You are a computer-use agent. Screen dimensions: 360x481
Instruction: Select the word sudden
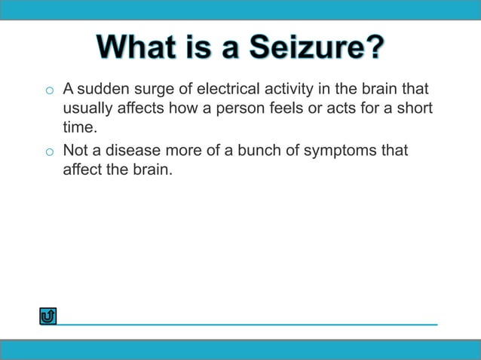[x=101, y=90]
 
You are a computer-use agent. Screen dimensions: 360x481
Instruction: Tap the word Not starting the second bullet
[x=75, y=151]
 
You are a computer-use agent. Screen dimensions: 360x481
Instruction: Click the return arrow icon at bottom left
[x=48, y=316]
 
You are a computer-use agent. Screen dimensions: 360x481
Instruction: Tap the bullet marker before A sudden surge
[x=48, y=93]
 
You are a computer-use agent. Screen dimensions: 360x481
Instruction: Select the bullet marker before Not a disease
[x=48, y=153]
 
